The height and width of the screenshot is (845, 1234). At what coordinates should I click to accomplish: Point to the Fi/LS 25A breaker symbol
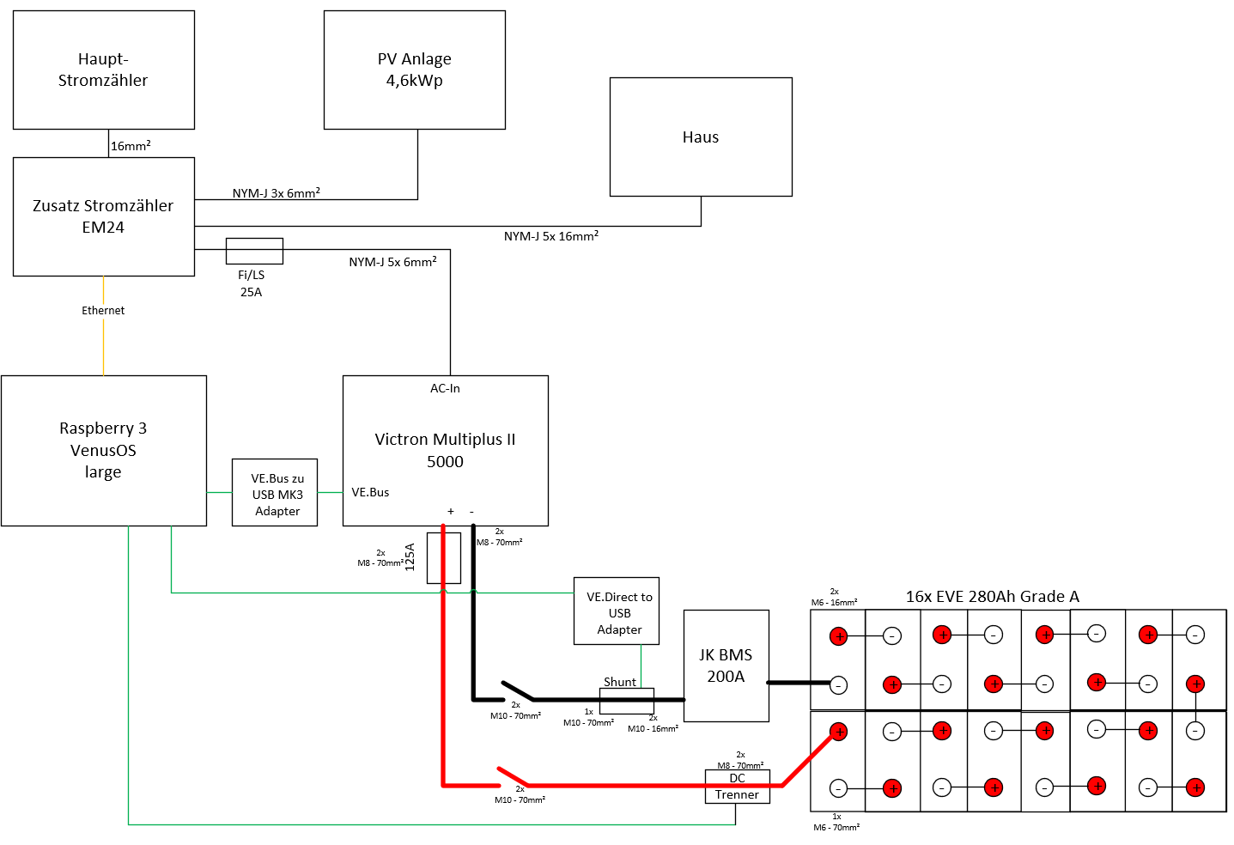click(x=254, y=252)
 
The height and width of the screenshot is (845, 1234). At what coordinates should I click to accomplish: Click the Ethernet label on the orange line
click(x=103, y=311)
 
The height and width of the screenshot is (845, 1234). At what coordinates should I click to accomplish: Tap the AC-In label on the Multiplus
click(x=445, y=388)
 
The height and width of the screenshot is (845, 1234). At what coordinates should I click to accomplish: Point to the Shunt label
click(x=620, y=682)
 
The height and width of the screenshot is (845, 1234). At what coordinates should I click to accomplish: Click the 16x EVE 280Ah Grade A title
click(x=992, y=597)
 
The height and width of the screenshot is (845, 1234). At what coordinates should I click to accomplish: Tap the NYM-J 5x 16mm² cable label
click(x=551, y=236)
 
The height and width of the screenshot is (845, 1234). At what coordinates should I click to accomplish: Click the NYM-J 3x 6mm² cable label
click(x=276, y=193)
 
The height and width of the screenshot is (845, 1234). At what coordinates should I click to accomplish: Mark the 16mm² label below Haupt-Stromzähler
click(x=131, y=145)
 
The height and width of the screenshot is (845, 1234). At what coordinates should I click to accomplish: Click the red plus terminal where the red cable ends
click(x=838, y=732)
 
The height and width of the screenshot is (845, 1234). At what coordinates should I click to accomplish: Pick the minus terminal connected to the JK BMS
click(x=838, y=685)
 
